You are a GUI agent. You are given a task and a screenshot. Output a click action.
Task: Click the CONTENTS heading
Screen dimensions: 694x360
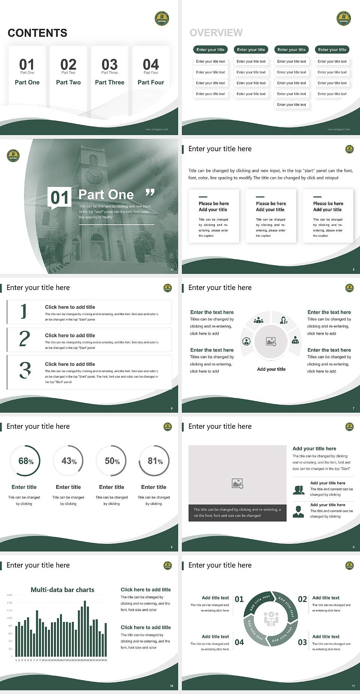click(x=37, y=33)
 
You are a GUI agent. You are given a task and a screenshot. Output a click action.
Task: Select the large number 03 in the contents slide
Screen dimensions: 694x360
click(x=109, y=65)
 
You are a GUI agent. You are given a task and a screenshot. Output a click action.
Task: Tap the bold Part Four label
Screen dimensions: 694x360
click(x=151, y=82)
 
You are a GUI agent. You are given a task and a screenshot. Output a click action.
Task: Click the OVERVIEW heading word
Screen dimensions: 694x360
click(x=216, y=33)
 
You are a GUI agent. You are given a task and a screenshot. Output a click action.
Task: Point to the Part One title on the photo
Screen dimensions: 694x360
click(x=106, y=194)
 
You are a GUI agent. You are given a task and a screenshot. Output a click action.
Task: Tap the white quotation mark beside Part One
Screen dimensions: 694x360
click(x=150, y=193)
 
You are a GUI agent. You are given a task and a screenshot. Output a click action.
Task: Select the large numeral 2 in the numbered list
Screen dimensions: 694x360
click(x=24, y=339)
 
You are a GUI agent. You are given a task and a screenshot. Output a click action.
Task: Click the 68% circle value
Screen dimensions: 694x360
click(x=26, y=461)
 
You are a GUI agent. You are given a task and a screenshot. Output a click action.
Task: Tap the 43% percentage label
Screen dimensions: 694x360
click(x=69, y=461)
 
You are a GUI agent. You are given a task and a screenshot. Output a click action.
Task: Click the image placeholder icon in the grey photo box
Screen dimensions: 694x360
click(x=237, y=484)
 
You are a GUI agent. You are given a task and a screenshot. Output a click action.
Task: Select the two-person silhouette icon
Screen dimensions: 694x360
click(x=298, y=490)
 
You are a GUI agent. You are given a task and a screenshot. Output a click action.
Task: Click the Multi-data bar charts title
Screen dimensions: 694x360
click(x=63, y=590)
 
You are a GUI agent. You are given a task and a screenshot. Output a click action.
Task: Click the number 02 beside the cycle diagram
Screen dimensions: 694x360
click(x=302, y=599)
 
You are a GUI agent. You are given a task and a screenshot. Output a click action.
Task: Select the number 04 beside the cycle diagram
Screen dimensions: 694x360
click(x=239, y=642)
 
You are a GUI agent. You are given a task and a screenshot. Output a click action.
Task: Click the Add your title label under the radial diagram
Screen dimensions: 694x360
click(x=271, y=369)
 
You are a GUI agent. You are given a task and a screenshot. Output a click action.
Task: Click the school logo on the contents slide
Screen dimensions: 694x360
click(x=162, y=18)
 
